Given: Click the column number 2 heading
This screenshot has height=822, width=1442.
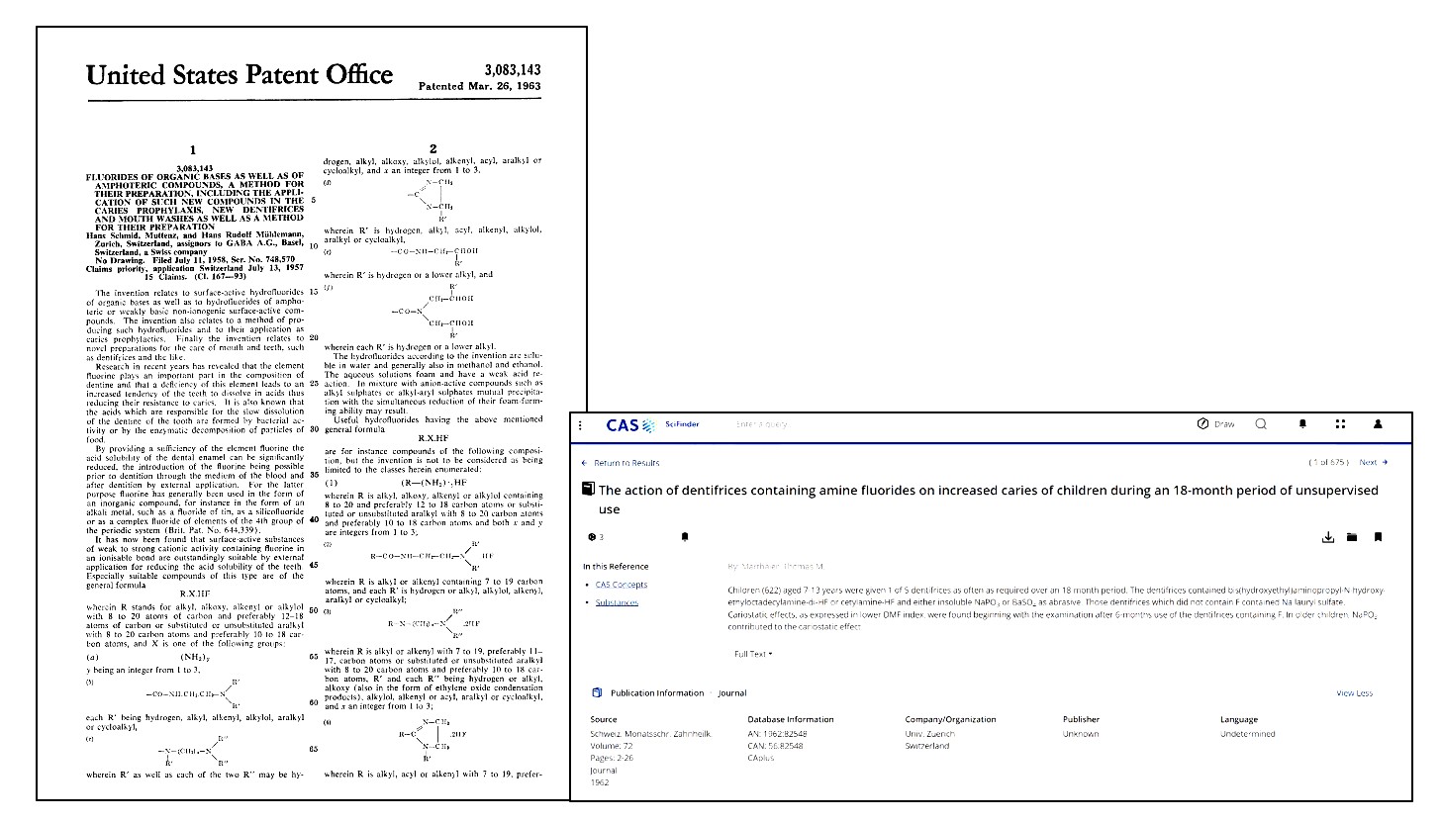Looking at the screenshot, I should pos(433,149).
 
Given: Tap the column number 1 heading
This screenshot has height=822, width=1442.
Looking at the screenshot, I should pos(193,150).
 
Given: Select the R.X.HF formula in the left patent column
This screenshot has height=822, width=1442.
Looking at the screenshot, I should pos(195,594).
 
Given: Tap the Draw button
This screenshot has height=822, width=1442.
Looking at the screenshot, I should pos(1215,424).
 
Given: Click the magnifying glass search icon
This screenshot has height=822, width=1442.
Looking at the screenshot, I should pos(1261,424).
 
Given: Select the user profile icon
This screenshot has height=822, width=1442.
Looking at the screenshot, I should pos(1377,424).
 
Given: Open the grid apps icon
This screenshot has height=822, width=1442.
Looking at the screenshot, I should pos(1340,424).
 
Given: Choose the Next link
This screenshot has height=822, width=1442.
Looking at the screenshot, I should pos(1373,462).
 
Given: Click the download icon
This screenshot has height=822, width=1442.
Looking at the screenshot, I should pos(1327,537).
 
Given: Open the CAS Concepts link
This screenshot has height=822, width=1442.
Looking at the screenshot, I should pos(621,585).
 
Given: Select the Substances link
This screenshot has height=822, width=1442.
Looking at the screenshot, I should pos(617,602).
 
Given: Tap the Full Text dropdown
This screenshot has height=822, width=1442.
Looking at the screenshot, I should pos(753,654).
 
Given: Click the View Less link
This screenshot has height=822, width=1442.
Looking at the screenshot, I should pos(1354,693).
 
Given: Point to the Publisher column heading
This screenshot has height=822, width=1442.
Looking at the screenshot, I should pos(1081,719).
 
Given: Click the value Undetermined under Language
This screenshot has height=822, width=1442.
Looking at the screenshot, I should pos(1247,734).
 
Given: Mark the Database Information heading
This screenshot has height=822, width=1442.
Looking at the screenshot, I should pos(790,719).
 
